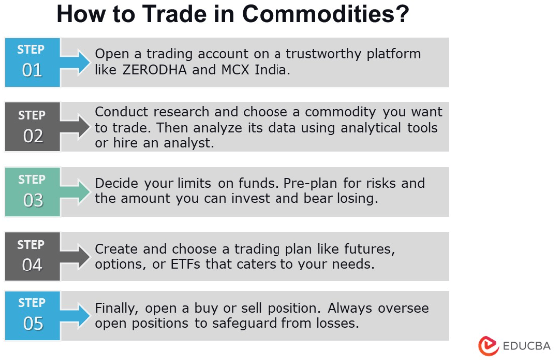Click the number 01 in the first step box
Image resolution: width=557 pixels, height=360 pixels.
pos(33,70)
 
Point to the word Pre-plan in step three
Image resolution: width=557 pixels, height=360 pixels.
pos(349,183)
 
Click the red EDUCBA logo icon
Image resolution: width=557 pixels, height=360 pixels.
pos(487,344)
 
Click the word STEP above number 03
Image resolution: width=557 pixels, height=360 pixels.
pos(33,181)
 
